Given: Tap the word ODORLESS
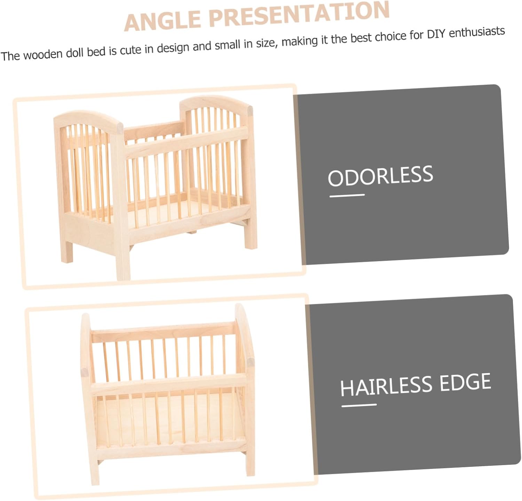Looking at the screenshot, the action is coord(380,176).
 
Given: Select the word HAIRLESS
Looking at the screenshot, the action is coord(386,386).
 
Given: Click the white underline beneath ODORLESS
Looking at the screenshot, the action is coord(347,195).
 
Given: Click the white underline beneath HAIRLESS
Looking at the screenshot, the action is coord(359,405).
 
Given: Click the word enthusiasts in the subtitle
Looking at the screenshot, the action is coord(477,32).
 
